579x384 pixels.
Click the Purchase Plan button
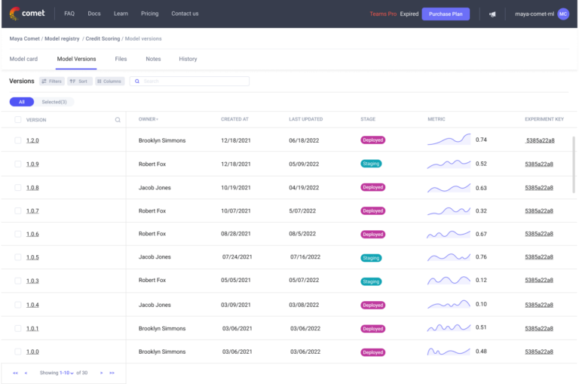[x=446, y=14]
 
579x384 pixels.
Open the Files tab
[x=121, y=59]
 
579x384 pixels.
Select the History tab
[x=188, y=59]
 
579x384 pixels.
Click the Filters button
[x=51, y=81]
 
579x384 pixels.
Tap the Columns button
[x=109, y=81]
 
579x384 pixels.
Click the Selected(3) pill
[x=54, y=102]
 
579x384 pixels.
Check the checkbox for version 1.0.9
[x=17, y=164]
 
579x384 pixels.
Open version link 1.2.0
[x=32, y=140]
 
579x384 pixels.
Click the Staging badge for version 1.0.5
[x=371, y=257]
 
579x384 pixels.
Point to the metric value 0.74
[x=481, y=140]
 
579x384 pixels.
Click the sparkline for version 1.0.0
[x=449, y=352]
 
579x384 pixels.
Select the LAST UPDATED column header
[x=305, y=119]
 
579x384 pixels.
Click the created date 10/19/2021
[x=234, y=187]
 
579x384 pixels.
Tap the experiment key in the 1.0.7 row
[x=539, y=210]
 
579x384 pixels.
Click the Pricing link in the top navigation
[x=149, y=14]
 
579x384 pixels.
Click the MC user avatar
[x=563, y=14]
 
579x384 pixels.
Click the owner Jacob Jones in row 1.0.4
[x=155, y=305]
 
